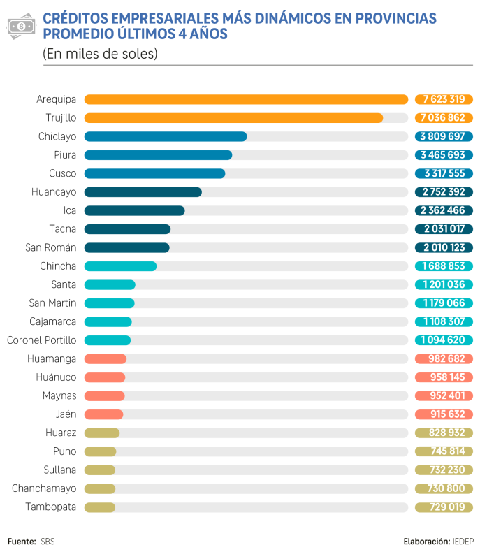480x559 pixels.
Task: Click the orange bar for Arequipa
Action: (246, 99)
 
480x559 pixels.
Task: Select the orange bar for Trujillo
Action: (233, 117)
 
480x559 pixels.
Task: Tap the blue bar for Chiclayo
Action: (166, 136)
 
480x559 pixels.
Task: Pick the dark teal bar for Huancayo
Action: (143, 191)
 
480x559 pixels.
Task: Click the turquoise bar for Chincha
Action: (120, 266)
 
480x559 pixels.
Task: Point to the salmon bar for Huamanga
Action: (106, 359)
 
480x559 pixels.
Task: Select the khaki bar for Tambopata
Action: (100, 507)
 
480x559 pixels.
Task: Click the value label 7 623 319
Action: (444, 99)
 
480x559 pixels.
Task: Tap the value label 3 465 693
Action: (444, 154)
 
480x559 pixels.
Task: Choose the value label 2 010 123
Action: (444, 247)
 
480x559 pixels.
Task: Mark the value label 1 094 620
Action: (444, 340)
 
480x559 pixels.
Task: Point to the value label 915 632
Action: (444, 414)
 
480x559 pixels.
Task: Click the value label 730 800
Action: (444, 488)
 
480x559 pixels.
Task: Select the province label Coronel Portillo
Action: (41, 340)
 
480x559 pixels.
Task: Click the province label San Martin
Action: (53, 303)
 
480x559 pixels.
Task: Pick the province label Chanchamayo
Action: (44, 488)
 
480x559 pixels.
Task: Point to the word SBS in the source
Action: (48, 542)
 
